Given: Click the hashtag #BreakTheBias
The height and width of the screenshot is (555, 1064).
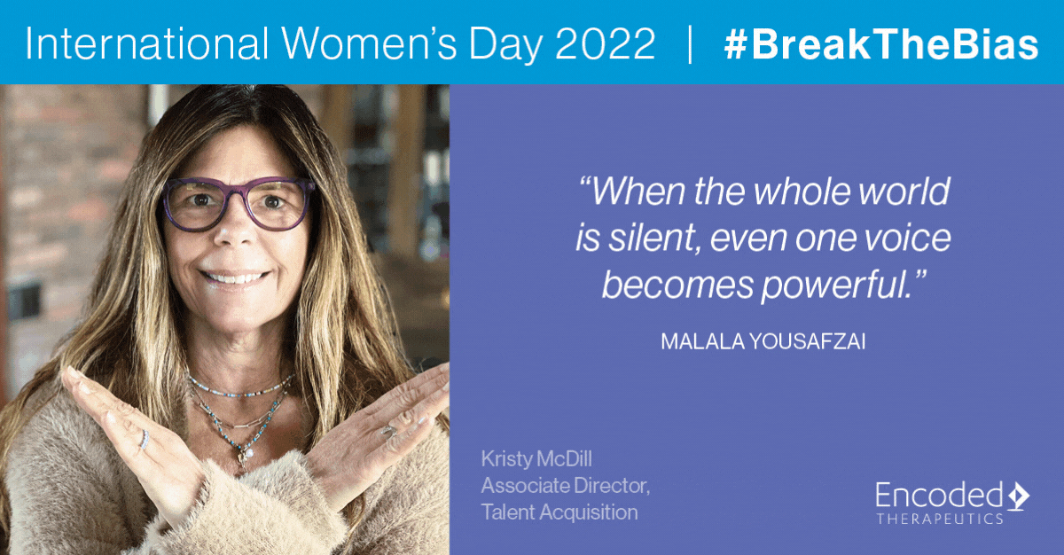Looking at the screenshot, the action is tap(881, 43).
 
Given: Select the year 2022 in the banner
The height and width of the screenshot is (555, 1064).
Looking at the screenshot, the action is tap(605, 43).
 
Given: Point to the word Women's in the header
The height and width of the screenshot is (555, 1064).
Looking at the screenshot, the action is tap(364, 43).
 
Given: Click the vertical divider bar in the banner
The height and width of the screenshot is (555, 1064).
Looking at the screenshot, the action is tap(690, 44).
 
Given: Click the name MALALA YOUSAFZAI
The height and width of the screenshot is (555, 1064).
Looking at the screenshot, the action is tap(763, 341).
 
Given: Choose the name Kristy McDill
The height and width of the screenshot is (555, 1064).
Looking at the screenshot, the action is tap(536, 459).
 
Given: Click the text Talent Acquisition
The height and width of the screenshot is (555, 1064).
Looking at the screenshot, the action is tap(559, 512).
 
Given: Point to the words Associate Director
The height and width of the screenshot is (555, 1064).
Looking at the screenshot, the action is tap(566, 486).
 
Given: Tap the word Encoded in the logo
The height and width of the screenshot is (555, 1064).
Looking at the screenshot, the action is tap(939, 495).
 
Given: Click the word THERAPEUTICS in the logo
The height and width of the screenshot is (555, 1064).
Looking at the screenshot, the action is tap(940, 519).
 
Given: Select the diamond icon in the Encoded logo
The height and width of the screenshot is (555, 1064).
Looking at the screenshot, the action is tap(1018, 496).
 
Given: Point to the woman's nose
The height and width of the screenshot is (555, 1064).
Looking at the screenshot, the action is tap(236, 228).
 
